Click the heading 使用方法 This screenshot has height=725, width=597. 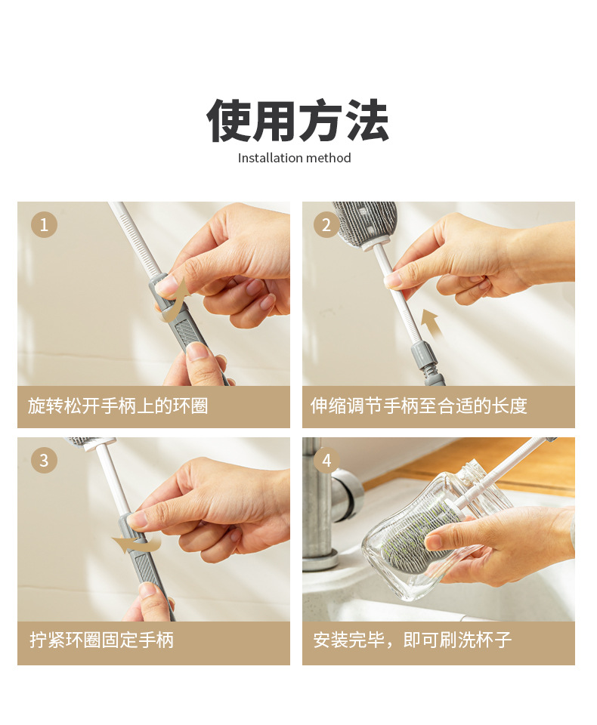pos(298,120)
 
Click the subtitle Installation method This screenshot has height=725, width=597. pos(294,158)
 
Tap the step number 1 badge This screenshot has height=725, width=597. pos(44,225)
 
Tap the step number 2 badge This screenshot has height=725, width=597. pos(326,225)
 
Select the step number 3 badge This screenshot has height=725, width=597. pos(44,460)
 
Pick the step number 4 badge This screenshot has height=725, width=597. pos(326,460)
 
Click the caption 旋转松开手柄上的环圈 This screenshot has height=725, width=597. pos(118,406)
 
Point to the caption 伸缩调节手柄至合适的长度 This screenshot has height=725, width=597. pos(419,406)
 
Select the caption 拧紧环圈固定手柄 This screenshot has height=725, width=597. pos(102,640)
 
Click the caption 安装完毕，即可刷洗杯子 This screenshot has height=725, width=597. pos(413,640)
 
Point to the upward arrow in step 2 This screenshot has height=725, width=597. pos(431,323)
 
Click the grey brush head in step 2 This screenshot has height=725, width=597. pos(366,222)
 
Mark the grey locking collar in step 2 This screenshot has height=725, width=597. pos(425,356)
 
